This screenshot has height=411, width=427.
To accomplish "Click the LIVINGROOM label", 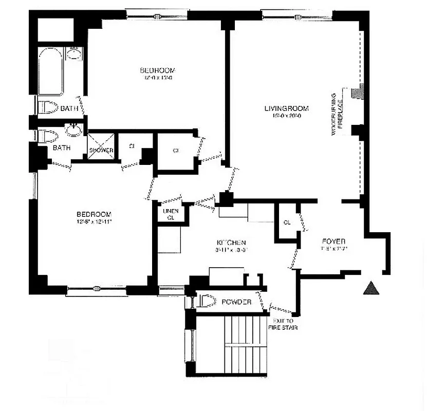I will tap(286, 108).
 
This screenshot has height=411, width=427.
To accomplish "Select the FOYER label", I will tap(333, 241).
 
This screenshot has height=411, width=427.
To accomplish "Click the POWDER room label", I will tap(236, 302).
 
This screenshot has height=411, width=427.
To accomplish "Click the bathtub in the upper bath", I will tap(51, 71).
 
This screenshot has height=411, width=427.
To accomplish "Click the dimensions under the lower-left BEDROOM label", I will tap(94, 222).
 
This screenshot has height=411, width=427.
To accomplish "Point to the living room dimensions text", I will tap(286, 116).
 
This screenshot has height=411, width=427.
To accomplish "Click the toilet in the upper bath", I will tap(47, 107).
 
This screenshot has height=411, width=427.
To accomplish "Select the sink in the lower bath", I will tap(73, 130).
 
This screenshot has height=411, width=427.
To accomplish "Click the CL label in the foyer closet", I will tap(287, 222).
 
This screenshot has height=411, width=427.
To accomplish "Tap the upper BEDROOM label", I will tap(157, 70).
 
